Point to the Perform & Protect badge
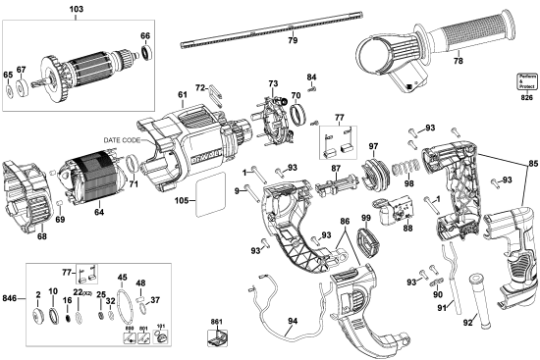pos(528,80)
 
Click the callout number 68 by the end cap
pos(40,234)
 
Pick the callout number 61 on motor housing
pos(181,95)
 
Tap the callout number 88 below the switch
pos(406,229)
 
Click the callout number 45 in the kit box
pos(123,278)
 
